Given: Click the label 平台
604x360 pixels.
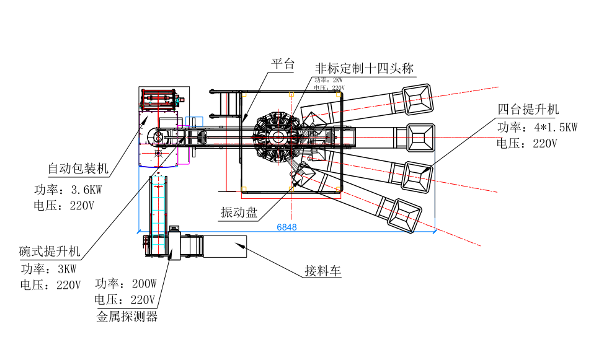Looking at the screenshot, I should tap(283, 64).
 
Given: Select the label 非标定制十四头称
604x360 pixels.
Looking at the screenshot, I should tap(365, 68).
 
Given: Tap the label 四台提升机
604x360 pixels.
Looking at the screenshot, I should tap(528, 110).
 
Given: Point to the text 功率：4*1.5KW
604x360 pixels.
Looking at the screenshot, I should tap(537, 127).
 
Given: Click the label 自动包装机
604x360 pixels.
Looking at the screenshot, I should tap(78, 169).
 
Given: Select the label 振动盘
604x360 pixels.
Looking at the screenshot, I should tap(239, 213).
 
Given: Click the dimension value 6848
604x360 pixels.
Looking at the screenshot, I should tap(286, 227).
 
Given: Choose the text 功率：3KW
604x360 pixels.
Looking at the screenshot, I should tap(49, 270).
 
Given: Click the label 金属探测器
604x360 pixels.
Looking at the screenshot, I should tap(127, 317).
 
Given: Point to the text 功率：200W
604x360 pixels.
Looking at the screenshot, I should tap(126, 284).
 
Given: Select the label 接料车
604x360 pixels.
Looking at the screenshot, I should tap(323, 271).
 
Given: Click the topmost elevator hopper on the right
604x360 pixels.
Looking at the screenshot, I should tap(417, 99).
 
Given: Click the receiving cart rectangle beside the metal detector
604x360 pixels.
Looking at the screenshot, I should tap(224, 246).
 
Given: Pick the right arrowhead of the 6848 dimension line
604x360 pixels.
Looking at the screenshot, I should tap(435, 231).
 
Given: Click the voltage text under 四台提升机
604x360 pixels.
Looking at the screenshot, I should tap(527, 144).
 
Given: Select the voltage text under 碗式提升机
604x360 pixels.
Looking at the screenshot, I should tap(50, 286).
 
